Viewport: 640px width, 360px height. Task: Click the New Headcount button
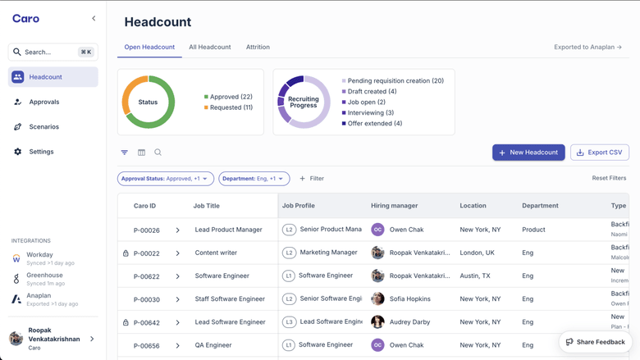click(528, 153)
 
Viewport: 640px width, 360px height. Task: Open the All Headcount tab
click(210, 48)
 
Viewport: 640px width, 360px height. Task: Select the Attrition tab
click(258, 48)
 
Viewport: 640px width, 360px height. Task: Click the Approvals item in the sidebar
click(44, 102)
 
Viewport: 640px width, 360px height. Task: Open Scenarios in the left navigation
click(44, 127)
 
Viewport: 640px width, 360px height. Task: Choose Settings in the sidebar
click(41, 152)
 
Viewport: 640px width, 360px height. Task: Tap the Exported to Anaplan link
click(587, 48)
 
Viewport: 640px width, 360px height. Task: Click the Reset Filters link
click(609, 178)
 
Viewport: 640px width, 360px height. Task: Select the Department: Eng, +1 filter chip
click(254, 179)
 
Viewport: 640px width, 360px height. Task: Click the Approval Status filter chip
click(165, 179)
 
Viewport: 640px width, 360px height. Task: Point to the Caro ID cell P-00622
click(147, 276)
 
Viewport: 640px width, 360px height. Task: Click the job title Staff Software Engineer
click(230, 299)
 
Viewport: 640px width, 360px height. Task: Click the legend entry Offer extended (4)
click(374, 124)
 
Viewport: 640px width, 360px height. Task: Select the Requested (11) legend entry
click(231, 107)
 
